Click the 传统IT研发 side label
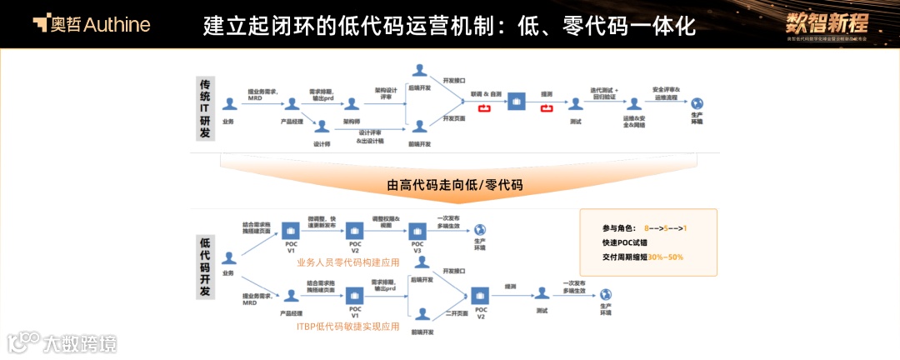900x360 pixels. (205, 109)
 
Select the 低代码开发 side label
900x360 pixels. (205, 266)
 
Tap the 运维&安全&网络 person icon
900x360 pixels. (634, 103)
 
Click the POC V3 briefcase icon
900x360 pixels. (417, 229)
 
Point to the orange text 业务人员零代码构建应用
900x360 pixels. (348, 262)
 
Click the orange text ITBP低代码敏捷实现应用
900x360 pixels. (347, 326)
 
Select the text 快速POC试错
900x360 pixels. (627, 242)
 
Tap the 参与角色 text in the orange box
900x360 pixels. (617, 228)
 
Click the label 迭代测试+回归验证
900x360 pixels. (602, 92)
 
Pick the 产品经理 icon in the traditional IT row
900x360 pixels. (291, 103)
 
